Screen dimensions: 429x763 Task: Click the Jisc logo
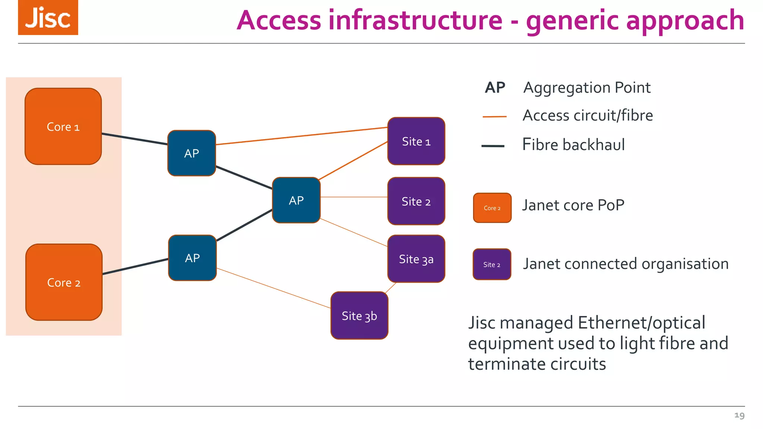(48, 18)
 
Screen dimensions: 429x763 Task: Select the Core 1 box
(63, 127)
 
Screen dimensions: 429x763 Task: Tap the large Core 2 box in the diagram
(64, 282)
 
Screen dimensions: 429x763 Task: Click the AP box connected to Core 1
(191, 153)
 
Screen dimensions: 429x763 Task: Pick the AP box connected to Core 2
(192, 258)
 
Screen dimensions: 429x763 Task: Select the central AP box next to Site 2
(296, 200)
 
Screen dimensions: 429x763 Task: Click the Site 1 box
(416, 141)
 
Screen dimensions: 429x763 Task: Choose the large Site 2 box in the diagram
(416, 201)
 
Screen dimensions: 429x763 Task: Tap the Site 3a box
(416, 259)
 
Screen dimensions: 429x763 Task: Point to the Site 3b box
(359, 315)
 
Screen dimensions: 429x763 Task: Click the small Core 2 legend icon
(492, 208)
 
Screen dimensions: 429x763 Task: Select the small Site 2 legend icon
(492, 264)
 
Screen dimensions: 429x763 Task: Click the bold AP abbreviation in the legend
(495, 88)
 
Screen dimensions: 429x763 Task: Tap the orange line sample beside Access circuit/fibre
(494, 117)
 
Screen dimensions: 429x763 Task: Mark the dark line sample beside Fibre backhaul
(493, 146)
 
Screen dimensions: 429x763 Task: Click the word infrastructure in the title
(415, 20)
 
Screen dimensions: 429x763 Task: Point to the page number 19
(739, 415)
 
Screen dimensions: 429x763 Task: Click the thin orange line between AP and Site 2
(354, 197)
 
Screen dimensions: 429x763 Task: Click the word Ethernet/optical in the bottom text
(641, 322)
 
